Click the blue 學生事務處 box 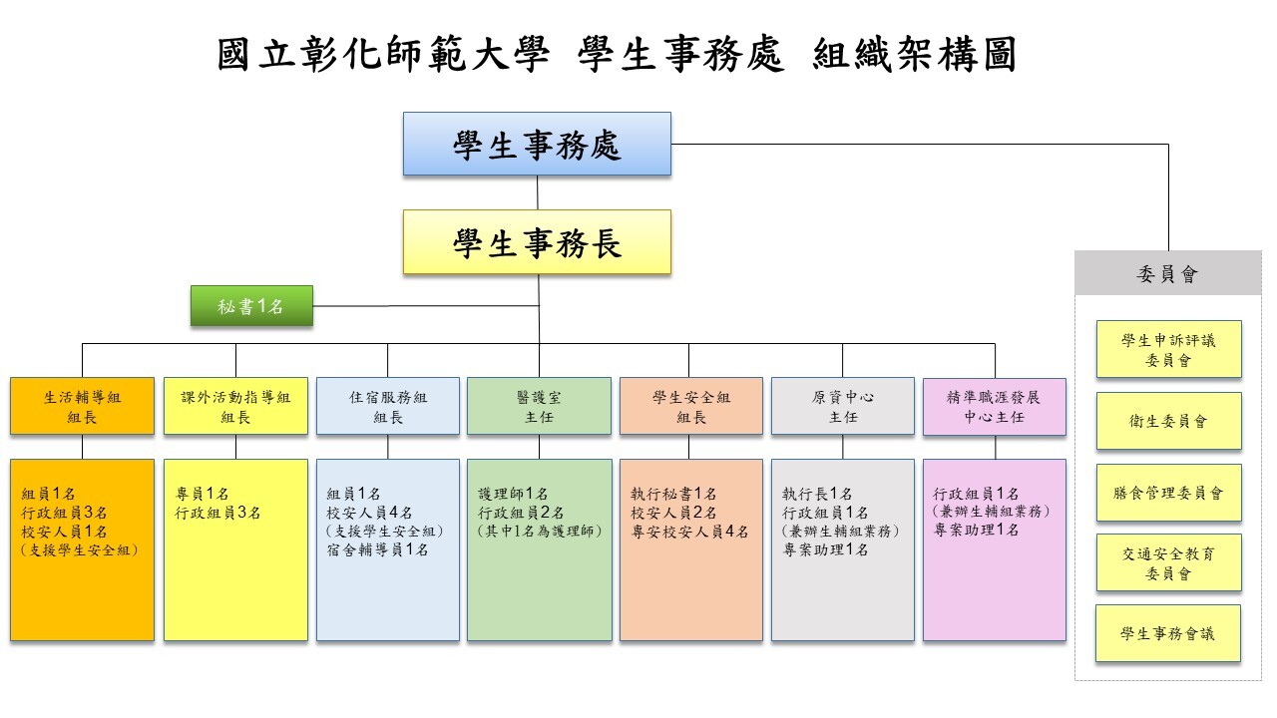(x=537, y=144)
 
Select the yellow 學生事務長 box (x=537, y=242)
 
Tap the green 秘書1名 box (x=251, y=306)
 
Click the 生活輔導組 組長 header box (x=82, y=406)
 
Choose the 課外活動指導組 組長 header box (x=235, y=406)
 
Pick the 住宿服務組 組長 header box (x=388, y=406)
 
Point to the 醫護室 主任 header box (x=539, y=406)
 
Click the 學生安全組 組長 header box (x=691, y=406)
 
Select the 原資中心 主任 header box (x=843, y=406)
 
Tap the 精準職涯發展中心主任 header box (x=995, y=407)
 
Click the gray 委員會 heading (x=1167, y=273)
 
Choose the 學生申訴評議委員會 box (x=1168, y=349)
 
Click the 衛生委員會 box (x=1168, y=421)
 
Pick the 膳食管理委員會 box (x=1168, y=493)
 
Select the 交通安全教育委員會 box (x=1168, y=562)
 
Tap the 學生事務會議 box (x=1168, y=633)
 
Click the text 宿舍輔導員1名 (x=377, y=549)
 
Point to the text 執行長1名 (x=817, y=494)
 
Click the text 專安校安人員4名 (x=689, y=532)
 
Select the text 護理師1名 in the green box (x=513, y=494)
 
